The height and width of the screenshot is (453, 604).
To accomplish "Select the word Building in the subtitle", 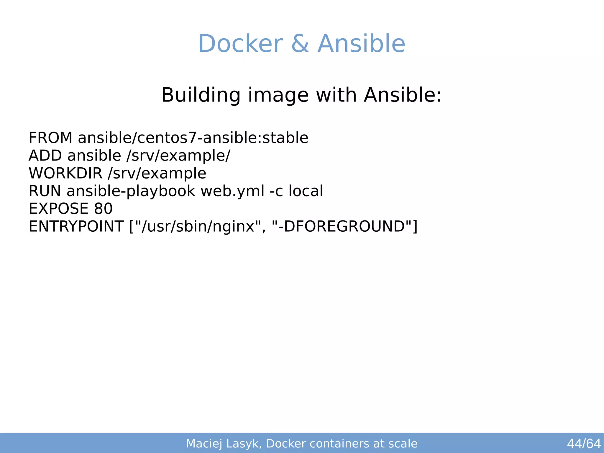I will pyautogui.click(x=201, y=95).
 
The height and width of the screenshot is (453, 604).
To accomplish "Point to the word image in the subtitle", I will pyautogui.click(x=278, y=95).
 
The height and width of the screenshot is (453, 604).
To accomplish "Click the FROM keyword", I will pyautogui.click(x=50, y=138).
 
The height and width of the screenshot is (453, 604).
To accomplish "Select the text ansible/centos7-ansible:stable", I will pyautogui.click(x=193, y=138).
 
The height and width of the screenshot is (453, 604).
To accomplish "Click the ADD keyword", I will pyautogui.click(x=45, y=156).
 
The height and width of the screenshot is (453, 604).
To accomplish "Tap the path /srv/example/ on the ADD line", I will pyautogui.click(x=178, y=156).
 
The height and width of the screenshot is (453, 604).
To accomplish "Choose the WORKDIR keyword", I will pyautogui.click(x=65, y=173).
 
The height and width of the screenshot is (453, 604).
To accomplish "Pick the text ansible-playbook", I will pyautogui.click(x=131, y=191).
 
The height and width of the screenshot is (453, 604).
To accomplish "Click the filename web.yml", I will pyautogui.click(x=232, y=191).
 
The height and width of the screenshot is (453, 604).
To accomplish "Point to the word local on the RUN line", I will pyautogui.click(x=306, y=191).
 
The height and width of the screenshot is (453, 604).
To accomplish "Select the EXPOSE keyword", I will pyautogui.click(x=58, y=209).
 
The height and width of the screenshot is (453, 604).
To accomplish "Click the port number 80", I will pyautogui.click(x=103, y=209).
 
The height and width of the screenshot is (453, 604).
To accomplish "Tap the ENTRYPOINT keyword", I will pyautogui.click(x=76, y=226).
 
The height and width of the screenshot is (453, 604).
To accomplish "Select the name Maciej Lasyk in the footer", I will pyautogui.click(x=223, y=444).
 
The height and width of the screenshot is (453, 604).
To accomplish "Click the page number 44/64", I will pyautogui.click(x=584, y=444).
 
